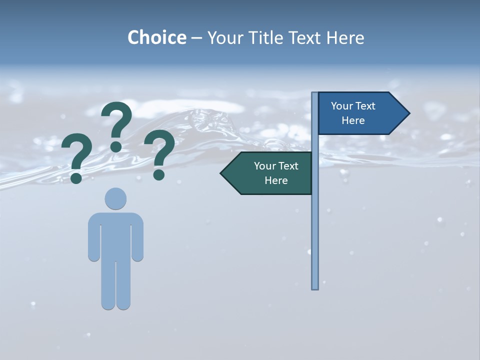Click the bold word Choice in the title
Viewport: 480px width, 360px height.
(156, 37)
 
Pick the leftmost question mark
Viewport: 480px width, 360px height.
(77, 155)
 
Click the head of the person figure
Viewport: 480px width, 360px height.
(115, 198)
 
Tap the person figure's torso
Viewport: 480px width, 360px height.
(115, 235)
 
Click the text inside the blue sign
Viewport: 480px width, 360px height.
(353, 113)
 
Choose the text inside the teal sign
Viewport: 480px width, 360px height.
(276, 173)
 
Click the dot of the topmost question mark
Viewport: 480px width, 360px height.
(116, 146)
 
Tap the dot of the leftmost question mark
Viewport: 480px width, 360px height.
(76, 177)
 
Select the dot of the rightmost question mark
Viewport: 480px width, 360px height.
(159, 174)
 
